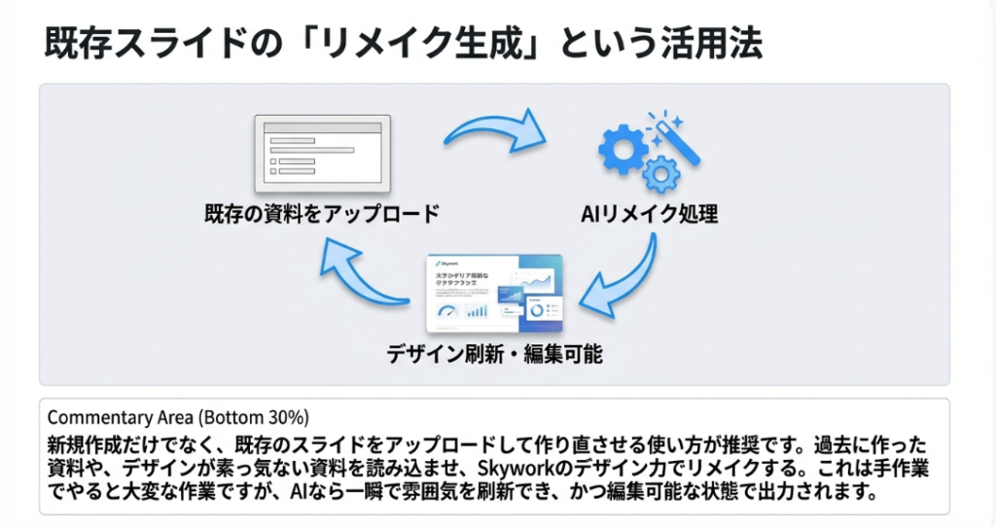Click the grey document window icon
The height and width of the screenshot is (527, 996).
(x=322, y=154)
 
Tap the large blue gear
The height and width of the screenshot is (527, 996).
(x=622, y=149)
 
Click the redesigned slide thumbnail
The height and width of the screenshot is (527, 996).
(x=494, y=294)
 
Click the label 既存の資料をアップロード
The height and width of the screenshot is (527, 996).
(x=321, y=212)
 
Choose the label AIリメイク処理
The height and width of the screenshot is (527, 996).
(x=650, y=213)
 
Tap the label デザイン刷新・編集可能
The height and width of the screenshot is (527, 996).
(x=494, y=354)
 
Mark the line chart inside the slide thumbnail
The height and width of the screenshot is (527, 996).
(x=534, y=282)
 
